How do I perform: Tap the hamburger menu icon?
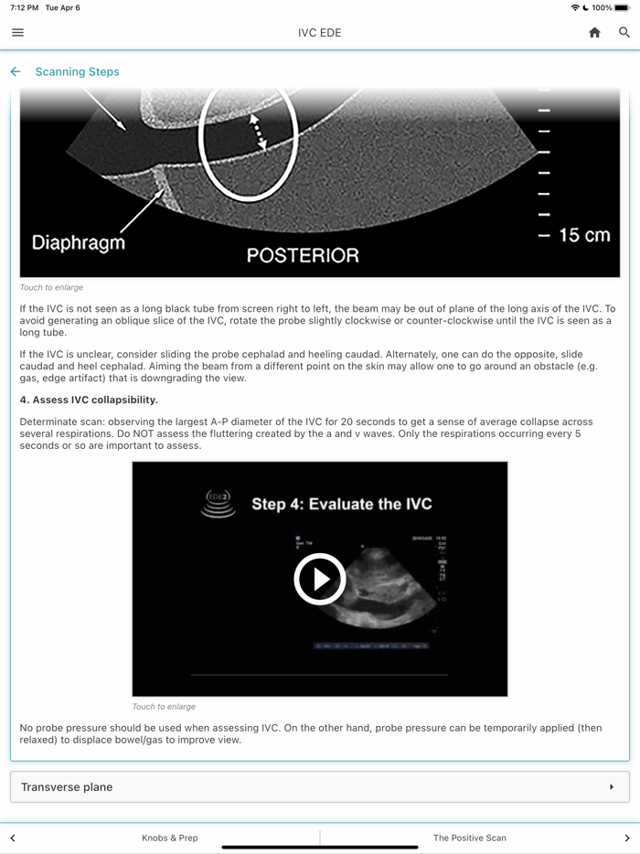17,33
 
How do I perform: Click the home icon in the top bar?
594,33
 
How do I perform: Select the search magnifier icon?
624,33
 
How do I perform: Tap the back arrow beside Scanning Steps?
16,71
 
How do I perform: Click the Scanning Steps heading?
77,71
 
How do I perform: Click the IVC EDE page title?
319,33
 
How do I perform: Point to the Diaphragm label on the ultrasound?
79,243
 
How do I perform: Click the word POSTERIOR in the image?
303,255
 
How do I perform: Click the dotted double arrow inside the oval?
259,132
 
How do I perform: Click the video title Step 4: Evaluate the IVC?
341,504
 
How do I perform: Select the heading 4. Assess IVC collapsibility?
89,400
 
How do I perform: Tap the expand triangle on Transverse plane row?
612,786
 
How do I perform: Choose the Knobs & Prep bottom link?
170,838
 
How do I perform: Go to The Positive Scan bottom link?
469,838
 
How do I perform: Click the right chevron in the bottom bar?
626,838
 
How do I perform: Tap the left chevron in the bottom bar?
13,838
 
